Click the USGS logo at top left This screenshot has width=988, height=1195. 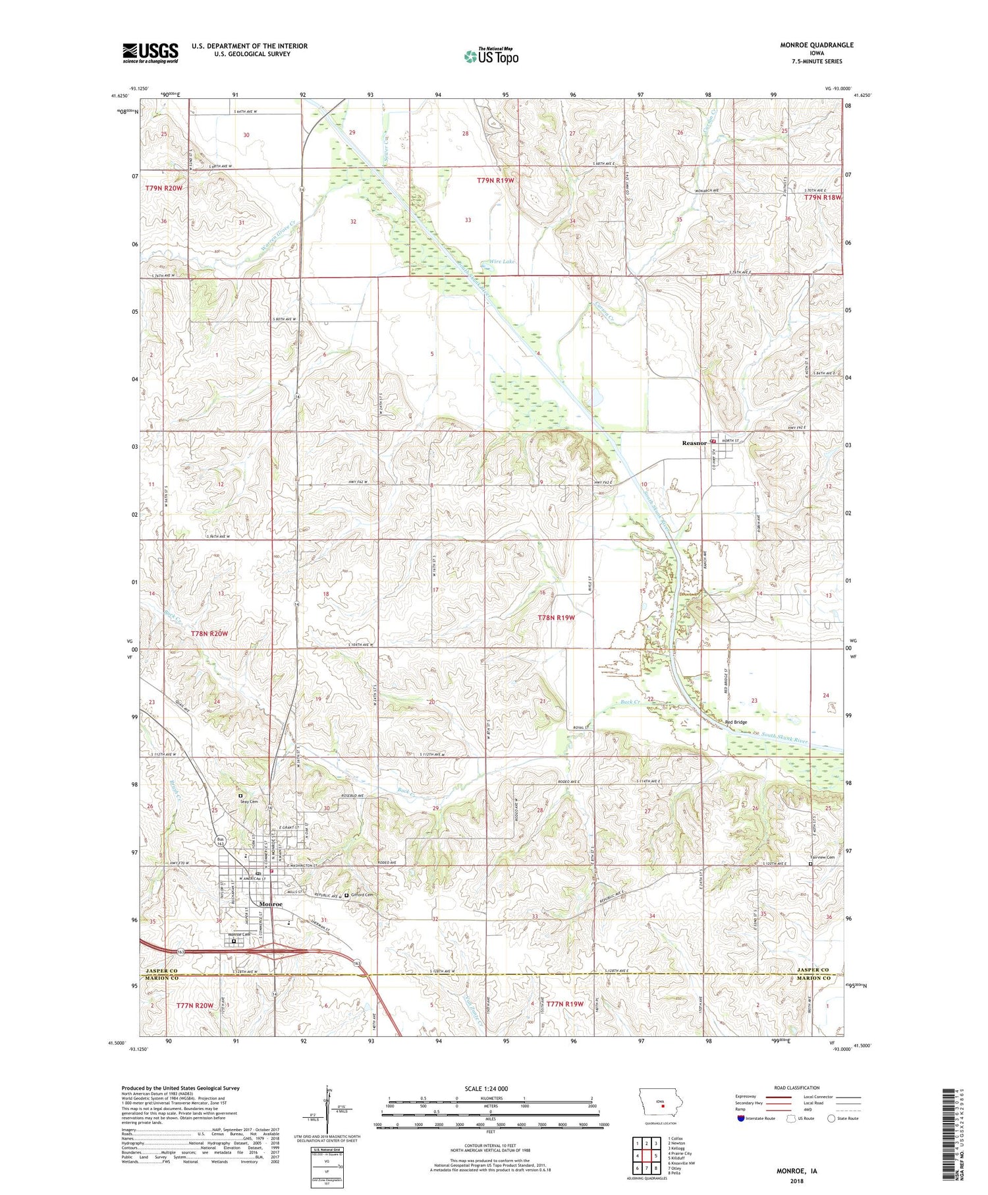(x=150, y=53)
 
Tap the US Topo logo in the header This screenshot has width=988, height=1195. (x=491, y=57)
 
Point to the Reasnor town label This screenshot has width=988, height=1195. (x=694, y=443)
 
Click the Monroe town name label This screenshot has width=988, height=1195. (x=271, y=904)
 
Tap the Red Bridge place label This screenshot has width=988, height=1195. (x=736, y=722)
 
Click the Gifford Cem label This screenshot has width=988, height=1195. (x=363, y=894)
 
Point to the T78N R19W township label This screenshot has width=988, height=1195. (x=556, y=618)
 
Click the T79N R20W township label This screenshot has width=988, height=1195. (x=163, y=189)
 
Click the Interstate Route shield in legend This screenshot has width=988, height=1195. (x=740, y=1118)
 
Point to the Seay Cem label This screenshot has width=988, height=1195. (x=248, y=802)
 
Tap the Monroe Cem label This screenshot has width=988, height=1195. (x=239, y=935)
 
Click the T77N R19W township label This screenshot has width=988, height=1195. (x=565, y=1004)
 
